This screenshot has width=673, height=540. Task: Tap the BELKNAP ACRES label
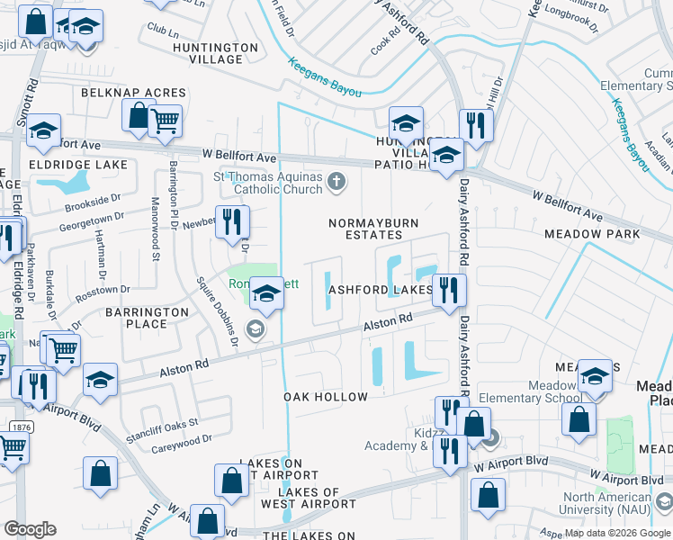pos(133,93)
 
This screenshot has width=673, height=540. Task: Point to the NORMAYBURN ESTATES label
pos(372,229)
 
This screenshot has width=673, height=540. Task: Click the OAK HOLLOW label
pos(326,397)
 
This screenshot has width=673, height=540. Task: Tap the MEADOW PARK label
pos(592,234)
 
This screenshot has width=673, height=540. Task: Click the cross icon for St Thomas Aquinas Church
pos(336,183)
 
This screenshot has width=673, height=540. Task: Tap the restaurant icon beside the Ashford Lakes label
pos(447,290)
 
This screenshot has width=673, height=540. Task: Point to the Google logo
pos(30,529)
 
